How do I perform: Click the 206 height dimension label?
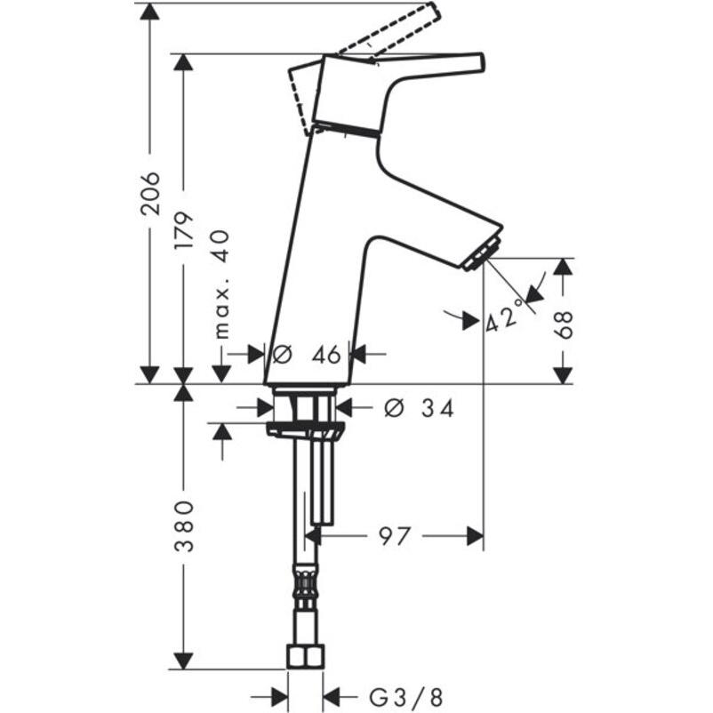pyautogui.click(x=150, y=192)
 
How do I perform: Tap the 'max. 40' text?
pyautogui.click(x=221, y=284)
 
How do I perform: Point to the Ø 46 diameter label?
pyautogui.click(x=307, y=354)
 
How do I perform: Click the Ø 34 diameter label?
pyautogui.click(x=418, y=408)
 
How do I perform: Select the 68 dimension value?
pyautogui.click(x=563, y=324)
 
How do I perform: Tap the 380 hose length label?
pyautogui.click(x=184, y=525)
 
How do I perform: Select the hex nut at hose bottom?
pyautogui.click(x=305, y=658)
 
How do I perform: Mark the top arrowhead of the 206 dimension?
pyautogui.click(x=150, y=12)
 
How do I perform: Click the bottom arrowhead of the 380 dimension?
pyautogui.click(x=184, y=661)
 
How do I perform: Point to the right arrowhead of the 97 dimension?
pyautogui.click(x=475, y=536)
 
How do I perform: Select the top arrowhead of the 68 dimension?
pyautogui.click(x=563, y=268)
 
